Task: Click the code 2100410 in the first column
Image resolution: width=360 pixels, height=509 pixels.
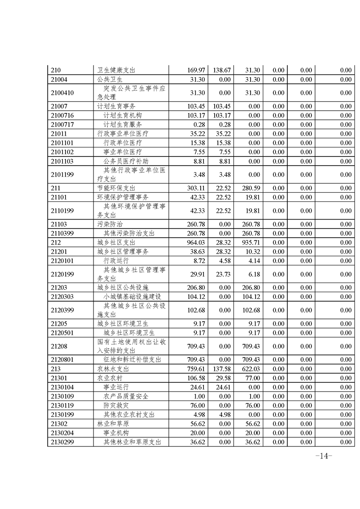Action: (x=63, y=93)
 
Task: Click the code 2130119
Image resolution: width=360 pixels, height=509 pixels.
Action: (x=63, y=406)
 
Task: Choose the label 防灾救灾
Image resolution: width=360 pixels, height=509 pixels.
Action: (x=116, y=406)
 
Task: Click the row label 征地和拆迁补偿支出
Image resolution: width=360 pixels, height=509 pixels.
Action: (x=133, y=360)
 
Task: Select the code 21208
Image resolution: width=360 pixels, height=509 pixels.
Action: (x=59, y=347)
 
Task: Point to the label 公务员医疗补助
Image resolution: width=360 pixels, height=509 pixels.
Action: (x=126, y=161)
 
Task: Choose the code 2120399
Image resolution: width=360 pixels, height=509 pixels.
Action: (x=63, y=310)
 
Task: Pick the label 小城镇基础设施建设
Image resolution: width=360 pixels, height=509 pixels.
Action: (x=133, y=297)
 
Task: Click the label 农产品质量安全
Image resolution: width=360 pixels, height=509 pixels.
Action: (x=126, y=396)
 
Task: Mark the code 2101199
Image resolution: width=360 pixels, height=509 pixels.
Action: (x=63, y=174)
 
